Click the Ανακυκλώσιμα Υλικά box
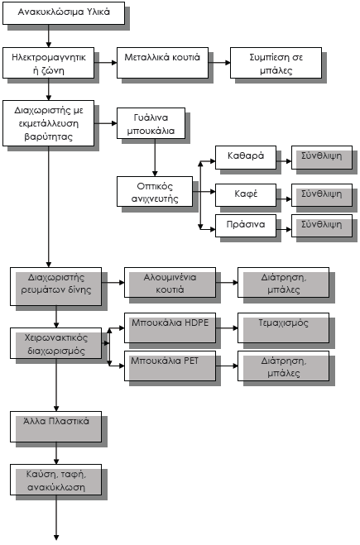(64, 13)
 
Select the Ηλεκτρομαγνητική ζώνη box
(48, 63)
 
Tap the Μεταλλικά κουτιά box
(162, 63)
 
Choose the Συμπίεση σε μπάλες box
(276, 63)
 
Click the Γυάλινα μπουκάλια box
(151, 123)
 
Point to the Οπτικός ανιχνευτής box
(155, 192)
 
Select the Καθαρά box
(246, 157)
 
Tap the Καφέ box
(246, 195)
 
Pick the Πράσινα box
(246, 226)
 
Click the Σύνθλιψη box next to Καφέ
(322, 195)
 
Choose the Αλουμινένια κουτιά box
(170, 282)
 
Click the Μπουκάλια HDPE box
(170, 327)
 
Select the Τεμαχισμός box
(284, 327)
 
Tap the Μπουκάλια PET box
(170, 366)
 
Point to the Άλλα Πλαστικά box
(56, 427)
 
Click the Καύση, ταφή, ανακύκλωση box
(56, 480)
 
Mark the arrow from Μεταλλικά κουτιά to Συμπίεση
(219, 63)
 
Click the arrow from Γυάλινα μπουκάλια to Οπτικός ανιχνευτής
(155, 157)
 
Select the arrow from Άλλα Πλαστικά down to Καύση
(56, 453)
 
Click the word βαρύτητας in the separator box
(48, 136)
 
